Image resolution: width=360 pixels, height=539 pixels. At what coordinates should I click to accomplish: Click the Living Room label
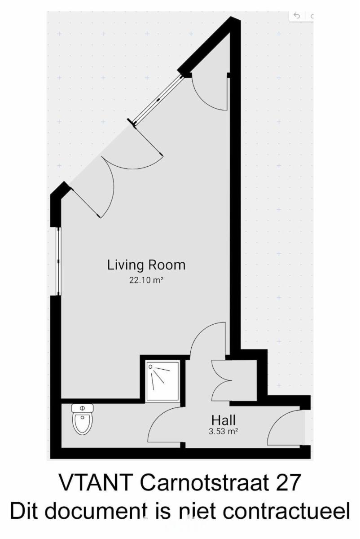pos(146,265)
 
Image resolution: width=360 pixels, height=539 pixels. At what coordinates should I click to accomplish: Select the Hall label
pos(224,420)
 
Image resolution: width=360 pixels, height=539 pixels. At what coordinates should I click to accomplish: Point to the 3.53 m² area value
pos(224,432)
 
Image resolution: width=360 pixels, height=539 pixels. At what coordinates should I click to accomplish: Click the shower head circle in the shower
pos(150,367)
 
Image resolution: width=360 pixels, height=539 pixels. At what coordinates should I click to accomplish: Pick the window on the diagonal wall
pos(158,100)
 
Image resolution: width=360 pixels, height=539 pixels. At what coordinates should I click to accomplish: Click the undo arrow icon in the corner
pos(297,16)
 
